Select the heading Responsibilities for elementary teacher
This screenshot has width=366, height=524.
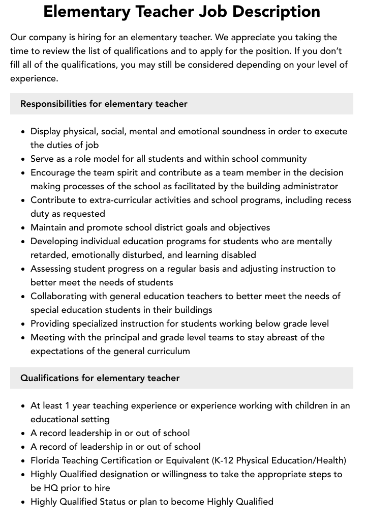pyautogui.click(x=104, y=104)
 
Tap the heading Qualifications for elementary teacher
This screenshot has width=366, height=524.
pyautogui.click(x=100, y=378)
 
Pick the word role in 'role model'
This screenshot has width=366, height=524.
pyautogui.click(x=87, y=159)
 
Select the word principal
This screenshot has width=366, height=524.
pyautogui.click(x=124, y=337)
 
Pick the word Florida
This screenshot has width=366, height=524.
pyautogui.click(x=46, y=460)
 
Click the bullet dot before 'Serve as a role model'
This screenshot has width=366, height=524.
pyautogui.click(x=23, y=159)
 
